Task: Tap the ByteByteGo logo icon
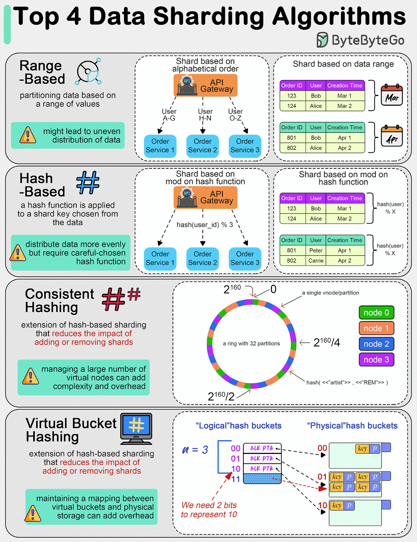click(x=322, y=40)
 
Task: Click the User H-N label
click(x=205, y=115)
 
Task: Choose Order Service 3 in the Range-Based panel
click(x=245, y=146)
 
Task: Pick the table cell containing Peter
click(x=316, y=250)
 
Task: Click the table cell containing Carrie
click(x=316, y=260)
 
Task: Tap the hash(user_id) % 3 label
click(x=205, y=225)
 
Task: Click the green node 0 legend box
click(x=376, y=312)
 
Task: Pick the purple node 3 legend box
click(x=376, y=359)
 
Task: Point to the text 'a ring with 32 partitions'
click(x=251, y=343)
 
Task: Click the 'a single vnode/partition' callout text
click(x=330, y=293)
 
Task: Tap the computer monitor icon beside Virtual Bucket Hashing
click(x=136, y=429)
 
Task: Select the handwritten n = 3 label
click(x=195, y=450)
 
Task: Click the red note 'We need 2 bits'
click(x=209, y=505)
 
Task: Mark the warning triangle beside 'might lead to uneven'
click(x=28, y=135)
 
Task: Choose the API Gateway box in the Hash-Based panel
click(x=205, y=197)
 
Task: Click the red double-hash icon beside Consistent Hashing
click(x=121, y=298)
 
